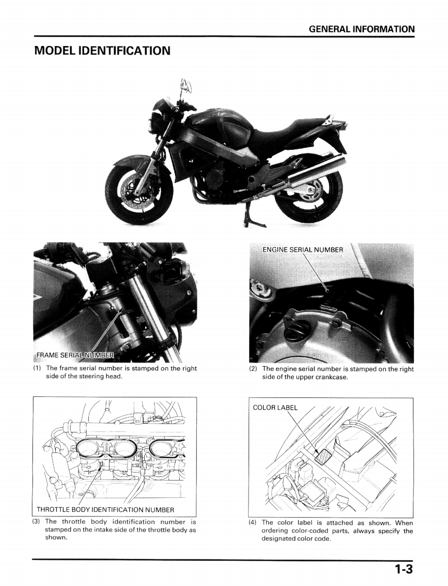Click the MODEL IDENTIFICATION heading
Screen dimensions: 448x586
[x=102, y=51]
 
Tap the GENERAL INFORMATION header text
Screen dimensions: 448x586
[x=362, y=29]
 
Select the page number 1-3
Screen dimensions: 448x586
[x=404, y=570]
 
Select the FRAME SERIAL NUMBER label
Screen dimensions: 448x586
[x=75, y=355]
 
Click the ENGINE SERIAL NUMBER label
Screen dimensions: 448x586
[x=302, y=249]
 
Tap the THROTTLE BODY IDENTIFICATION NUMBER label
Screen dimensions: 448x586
[x=105, y=509]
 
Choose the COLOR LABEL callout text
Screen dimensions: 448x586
[x=275, y=407]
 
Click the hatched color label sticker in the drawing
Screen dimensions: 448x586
[x=323, y=456]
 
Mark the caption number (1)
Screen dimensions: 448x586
[x=37, y=368]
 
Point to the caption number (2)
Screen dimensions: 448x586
[x=253, y=369]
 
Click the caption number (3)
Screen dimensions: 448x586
[x=37, y=521]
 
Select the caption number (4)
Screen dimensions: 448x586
[x=253, y=522]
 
